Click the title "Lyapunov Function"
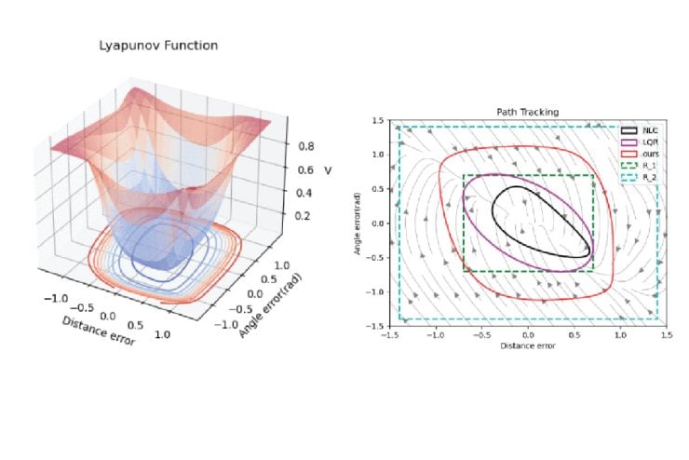158,45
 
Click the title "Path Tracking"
528,112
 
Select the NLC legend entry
638,130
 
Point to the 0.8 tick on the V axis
304,146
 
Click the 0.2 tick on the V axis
303,215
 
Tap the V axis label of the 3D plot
328,170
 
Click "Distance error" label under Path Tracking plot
528,346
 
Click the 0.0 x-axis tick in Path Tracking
528,334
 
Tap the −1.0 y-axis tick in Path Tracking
379,292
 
